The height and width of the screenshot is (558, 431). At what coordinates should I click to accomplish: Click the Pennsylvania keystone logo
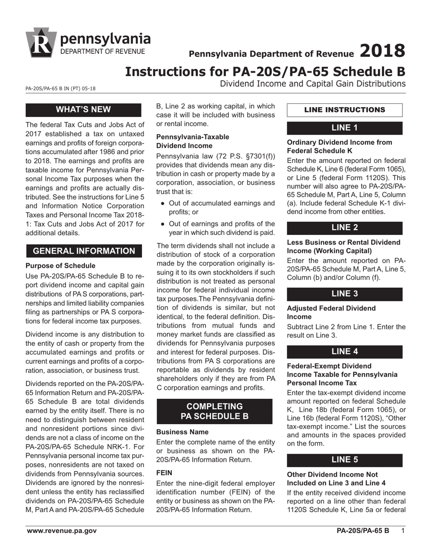[41, 43]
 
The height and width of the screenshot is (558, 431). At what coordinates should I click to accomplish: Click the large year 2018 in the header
[382, 51]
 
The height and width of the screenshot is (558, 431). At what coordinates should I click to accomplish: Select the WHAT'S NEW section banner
[83, 109]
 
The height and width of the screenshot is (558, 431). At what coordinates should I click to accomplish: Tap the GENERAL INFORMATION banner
[84, 251]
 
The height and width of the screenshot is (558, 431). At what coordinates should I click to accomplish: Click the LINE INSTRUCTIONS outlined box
[344, 110]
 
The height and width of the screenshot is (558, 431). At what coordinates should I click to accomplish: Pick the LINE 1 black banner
[344, 127]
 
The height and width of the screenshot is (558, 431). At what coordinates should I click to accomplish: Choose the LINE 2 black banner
[344, 228]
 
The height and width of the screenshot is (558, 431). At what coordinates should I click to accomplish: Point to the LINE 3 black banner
[344, 294]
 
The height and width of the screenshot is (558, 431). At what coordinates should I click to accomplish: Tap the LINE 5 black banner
[344, 460]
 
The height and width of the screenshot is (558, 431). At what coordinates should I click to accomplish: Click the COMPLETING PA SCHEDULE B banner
[214, 411]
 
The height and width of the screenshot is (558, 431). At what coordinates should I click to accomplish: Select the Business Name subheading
[182, 432]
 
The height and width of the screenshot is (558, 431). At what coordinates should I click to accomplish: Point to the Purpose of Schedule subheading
[60, 265]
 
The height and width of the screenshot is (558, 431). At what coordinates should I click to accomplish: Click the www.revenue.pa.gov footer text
[62, 531]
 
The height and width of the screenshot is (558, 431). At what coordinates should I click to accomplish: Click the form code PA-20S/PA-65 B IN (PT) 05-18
[60, 89]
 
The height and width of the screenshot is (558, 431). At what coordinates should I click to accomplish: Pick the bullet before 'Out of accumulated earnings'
[162, 204]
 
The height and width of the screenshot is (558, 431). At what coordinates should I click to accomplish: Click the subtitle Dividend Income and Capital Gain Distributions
[313, 83]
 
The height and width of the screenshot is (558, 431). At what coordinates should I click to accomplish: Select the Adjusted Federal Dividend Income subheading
[331, 312]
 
